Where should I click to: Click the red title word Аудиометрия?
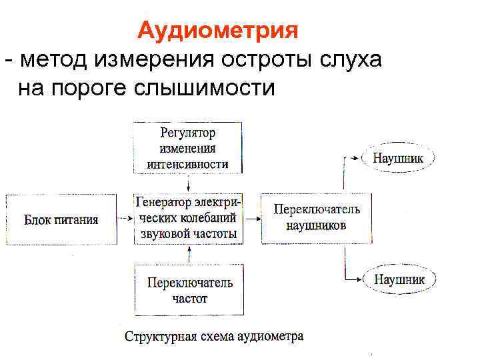click(217, 31)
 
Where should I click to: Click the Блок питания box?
click(61, 219)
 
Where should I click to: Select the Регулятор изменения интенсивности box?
click(188, 148)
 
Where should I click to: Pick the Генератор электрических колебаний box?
click(189, 217)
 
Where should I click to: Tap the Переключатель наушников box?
click(317, 217)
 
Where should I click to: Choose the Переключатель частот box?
click(190, 290)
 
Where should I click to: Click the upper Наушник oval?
click(398, 158)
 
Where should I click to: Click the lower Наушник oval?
click(399, 280)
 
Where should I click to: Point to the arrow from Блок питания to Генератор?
click(125, 218)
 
